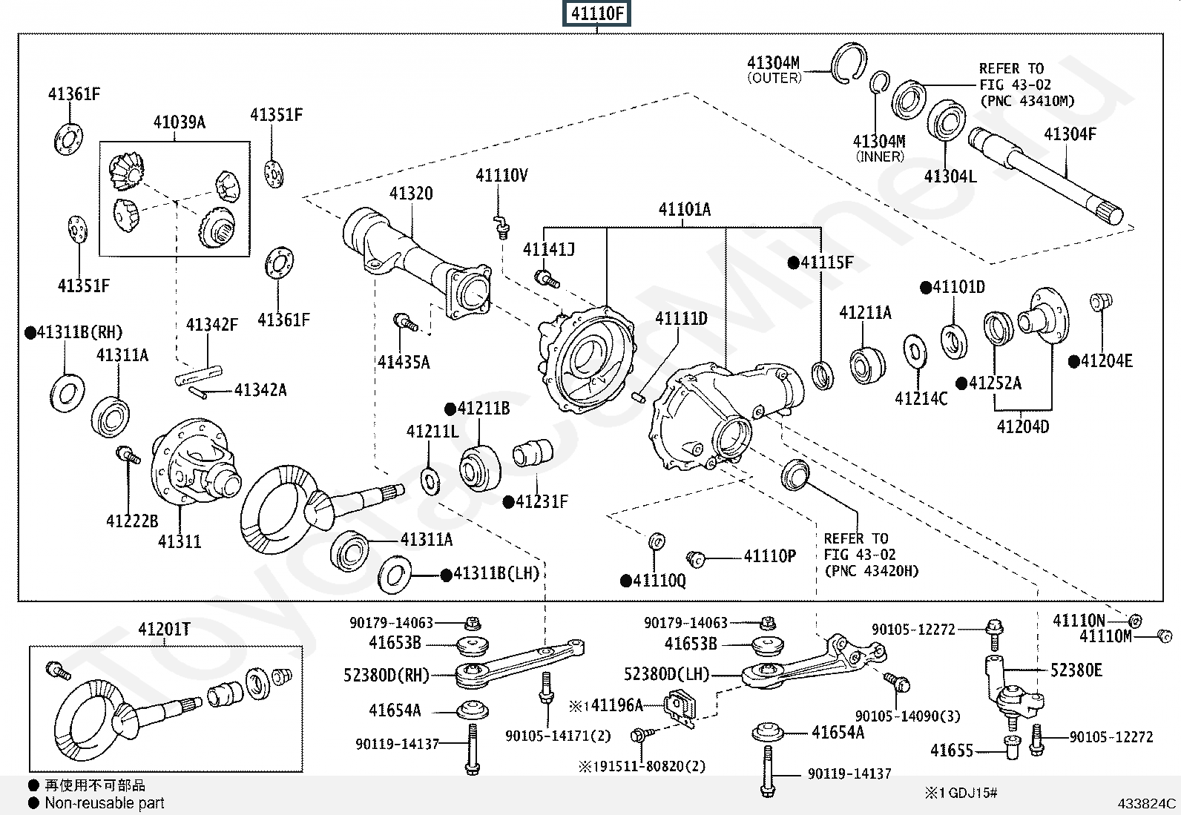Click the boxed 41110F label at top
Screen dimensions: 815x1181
(598, 13)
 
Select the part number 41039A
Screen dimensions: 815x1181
(179, 122)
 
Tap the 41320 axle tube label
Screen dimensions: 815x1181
(411, 194)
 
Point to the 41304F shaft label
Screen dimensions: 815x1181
(1070, 134)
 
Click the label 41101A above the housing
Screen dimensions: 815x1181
(684, 210)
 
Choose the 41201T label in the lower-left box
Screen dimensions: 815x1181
(164, 630)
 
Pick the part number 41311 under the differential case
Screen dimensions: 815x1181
(180, 541)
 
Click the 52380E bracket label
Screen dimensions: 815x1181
(1076, 670)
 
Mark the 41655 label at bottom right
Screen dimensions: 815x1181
(952, 750)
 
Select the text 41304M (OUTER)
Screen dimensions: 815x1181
(774, 70)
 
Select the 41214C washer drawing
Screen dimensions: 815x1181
(915, 352)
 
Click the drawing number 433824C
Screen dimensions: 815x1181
(1147, 803)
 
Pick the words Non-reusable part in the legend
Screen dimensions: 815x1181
(105, 803)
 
